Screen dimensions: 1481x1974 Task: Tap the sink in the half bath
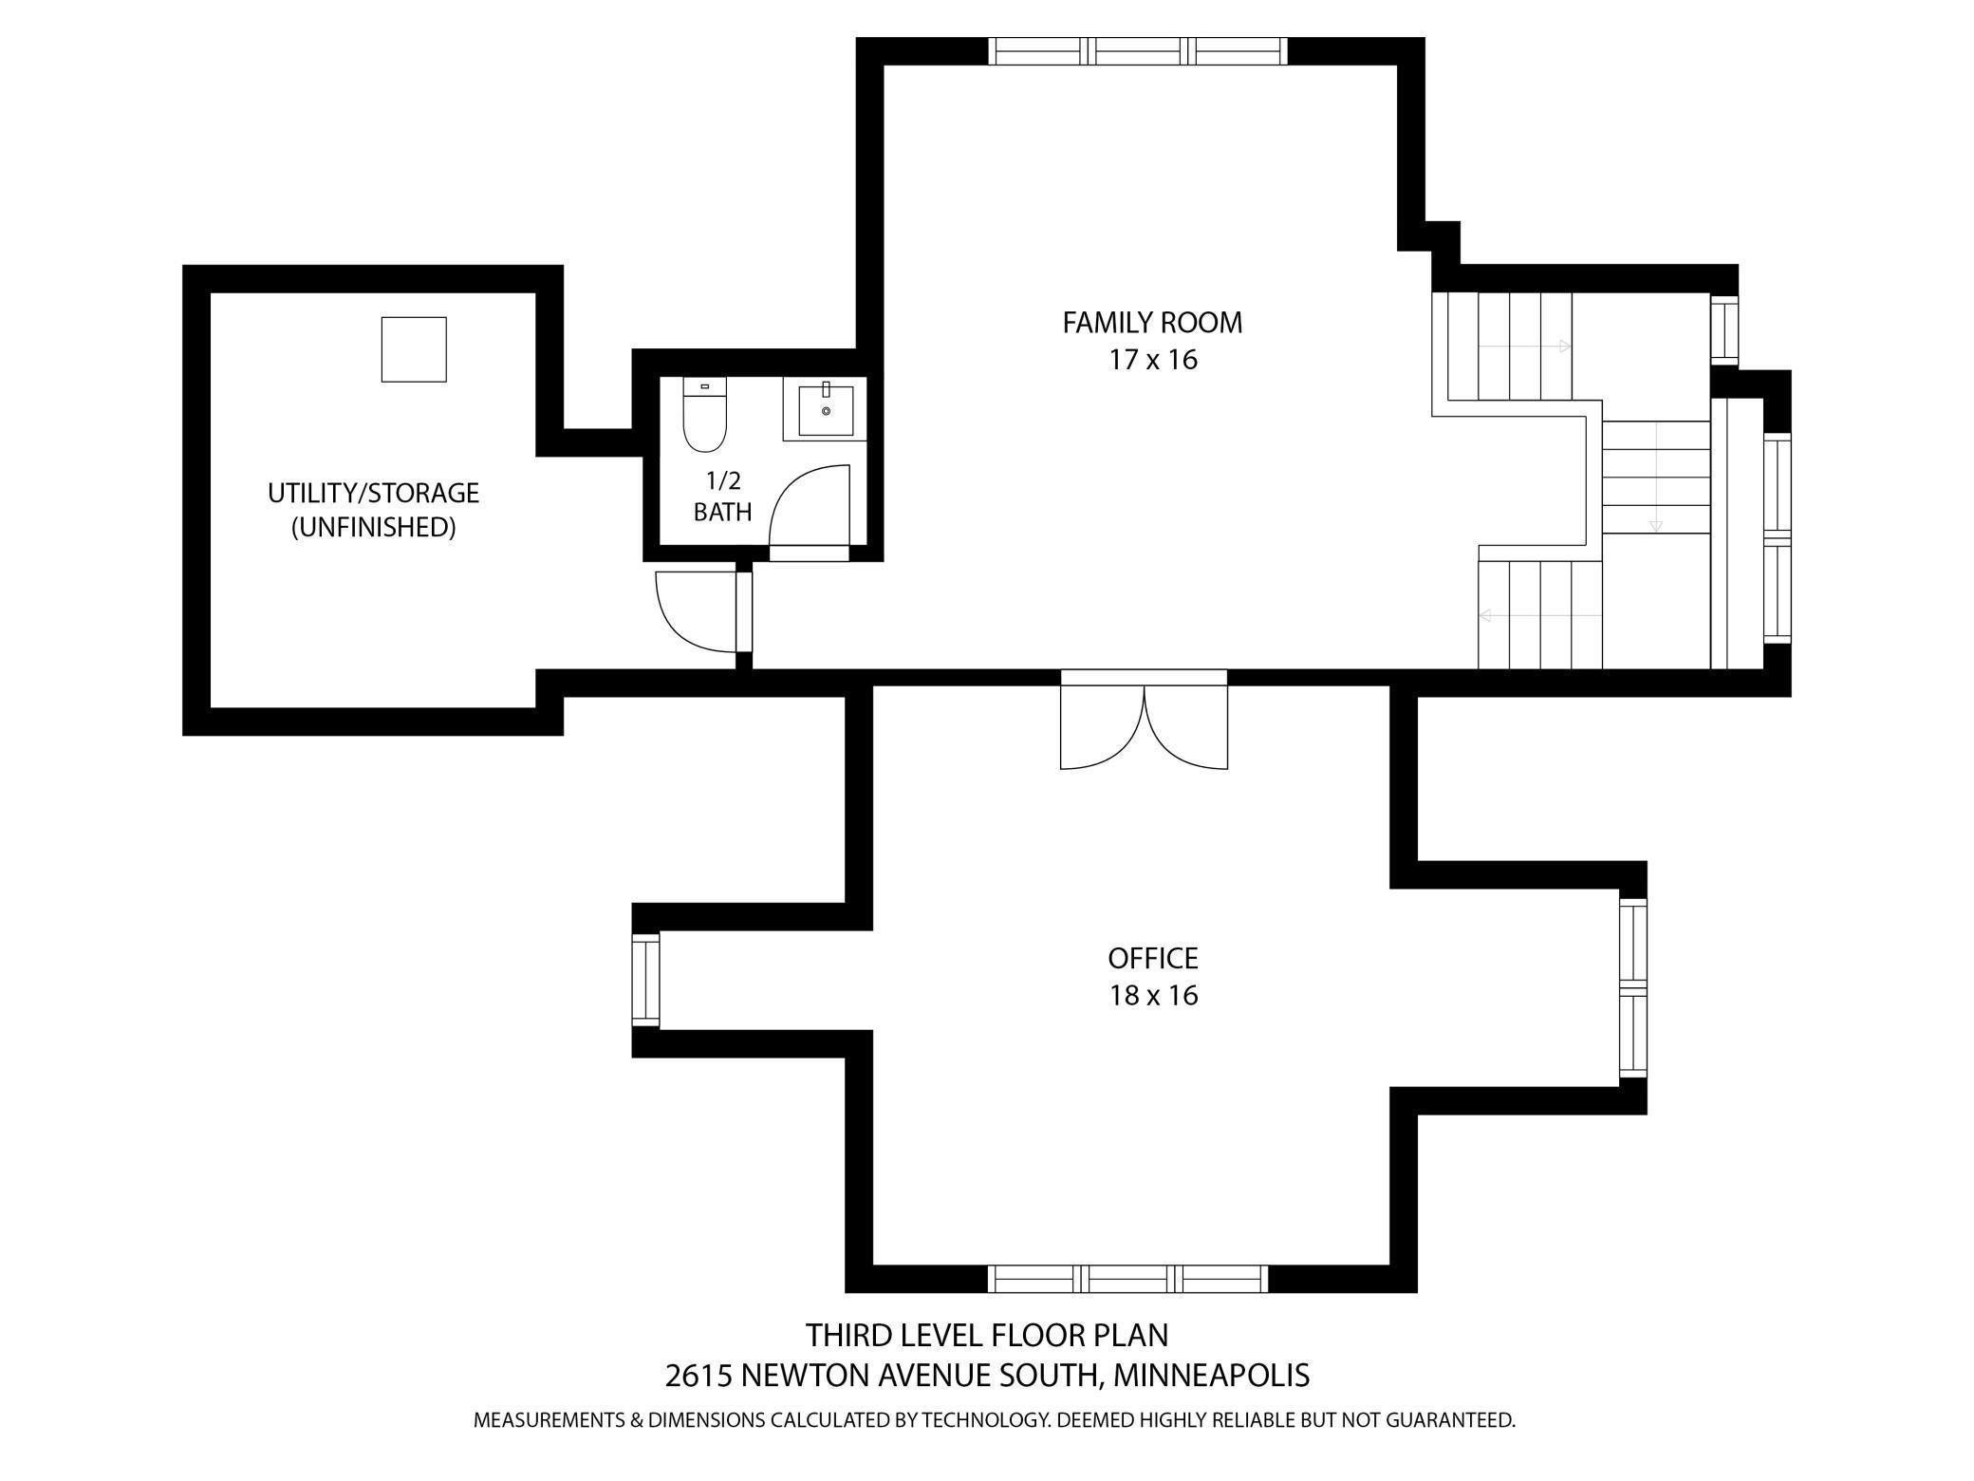[x=825, y=410]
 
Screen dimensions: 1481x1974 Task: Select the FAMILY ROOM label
[x=1151, y=323]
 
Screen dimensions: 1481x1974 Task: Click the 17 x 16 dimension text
[x=1152, y=360]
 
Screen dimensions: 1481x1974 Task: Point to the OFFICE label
[x=1152, y=958]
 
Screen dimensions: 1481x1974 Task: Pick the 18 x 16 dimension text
[x=1153, y=995]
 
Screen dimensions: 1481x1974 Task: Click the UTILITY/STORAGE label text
[x=373, y=493]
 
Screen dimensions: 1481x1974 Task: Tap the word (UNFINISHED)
[x=373, y=527]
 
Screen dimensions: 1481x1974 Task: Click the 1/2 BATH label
[x=722, y=497]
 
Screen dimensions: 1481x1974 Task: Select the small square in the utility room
[x=414, y=349]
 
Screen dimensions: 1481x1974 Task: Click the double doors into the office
[x=1144, y=726]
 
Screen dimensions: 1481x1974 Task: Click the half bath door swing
[x=809, y=508]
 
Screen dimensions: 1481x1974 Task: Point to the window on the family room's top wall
[x=1137, y=50]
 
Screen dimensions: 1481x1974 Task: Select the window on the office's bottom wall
[x=1127, y=1278]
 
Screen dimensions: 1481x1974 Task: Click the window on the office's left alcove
[x=645, y=980]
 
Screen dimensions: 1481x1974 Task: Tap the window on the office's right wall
[x=1632, y=987]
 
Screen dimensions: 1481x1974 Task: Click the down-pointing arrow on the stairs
[x=1656, y=525]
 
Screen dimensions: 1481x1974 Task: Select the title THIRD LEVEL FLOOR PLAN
[x=987, y=1335]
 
